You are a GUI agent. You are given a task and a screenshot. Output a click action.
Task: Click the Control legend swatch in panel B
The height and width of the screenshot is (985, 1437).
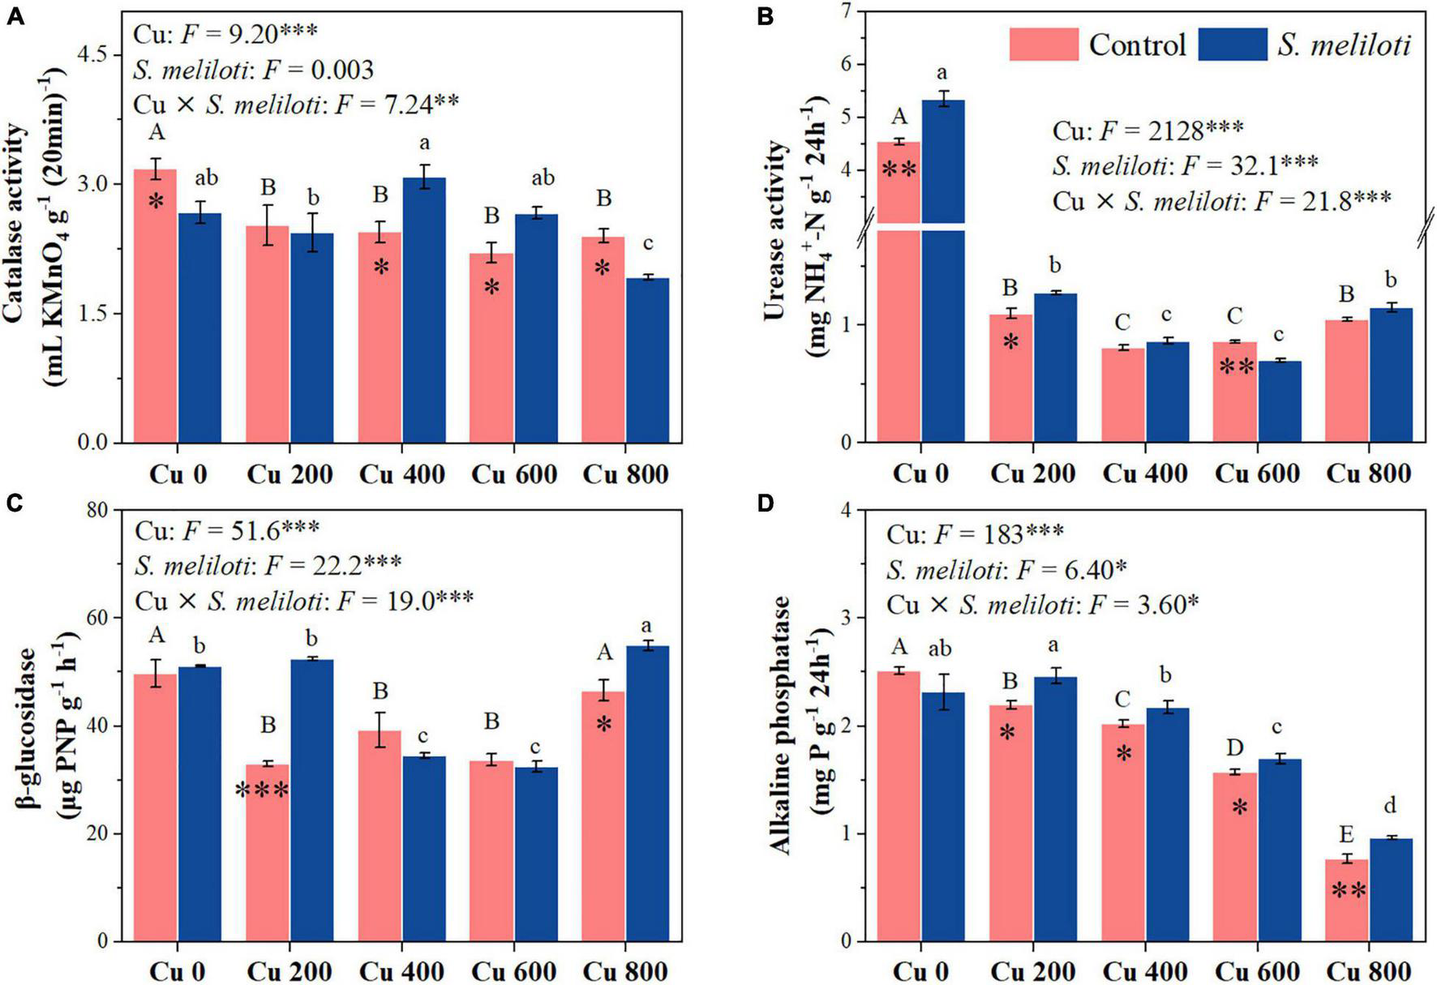point(1044,44)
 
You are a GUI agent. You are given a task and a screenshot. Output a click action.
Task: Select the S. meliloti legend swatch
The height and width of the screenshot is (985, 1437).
point(1232,44)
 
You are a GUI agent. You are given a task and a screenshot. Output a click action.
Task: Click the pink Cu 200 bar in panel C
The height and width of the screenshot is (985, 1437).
point(268,851)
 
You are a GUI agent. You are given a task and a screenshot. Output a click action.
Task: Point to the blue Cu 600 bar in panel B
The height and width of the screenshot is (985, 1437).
point(1280,401)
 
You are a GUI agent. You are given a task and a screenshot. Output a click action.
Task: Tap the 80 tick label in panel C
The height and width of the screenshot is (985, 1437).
point(101,511)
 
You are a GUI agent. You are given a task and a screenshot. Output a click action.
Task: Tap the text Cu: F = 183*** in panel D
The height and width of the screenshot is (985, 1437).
point(974,533)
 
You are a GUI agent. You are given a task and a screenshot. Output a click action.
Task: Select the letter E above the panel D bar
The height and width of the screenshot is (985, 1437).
point(1346,836)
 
